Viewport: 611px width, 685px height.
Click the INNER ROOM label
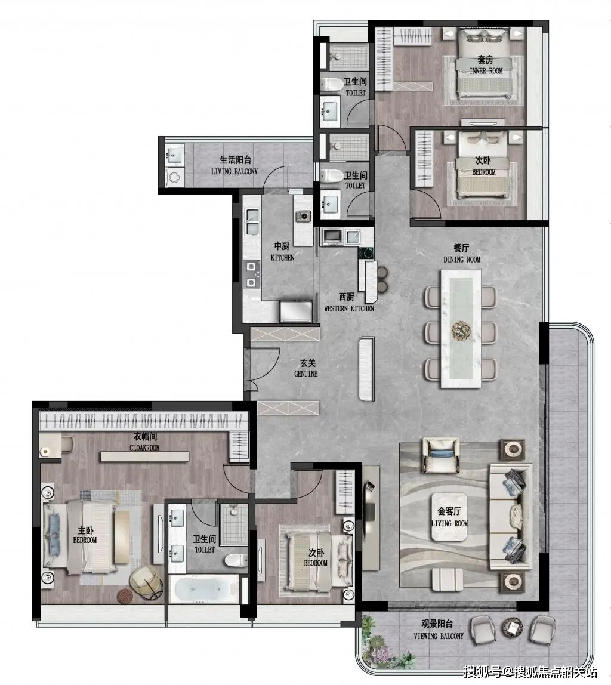click(486, 71)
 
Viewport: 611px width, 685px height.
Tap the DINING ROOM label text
click(462, 260)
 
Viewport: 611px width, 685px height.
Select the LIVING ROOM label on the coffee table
click(449, 523)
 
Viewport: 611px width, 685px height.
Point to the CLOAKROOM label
click(144, 448)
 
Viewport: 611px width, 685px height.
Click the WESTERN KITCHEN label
click(349, 308)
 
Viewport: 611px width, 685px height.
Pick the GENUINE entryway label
click(305, 374)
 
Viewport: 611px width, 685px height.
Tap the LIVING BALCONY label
click(234, 172)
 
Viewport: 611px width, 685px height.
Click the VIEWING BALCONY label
click(439, 636)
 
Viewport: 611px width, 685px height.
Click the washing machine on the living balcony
click(175, 178)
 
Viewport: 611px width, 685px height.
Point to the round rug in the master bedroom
click(125, 596)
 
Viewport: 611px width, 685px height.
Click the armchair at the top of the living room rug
click(440, 455)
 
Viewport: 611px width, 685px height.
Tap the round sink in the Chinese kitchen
click(303, 215)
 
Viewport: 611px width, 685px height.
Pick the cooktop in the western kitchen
click(366, 252)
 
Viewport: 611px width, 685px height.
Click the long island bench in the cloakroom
click(145, 456)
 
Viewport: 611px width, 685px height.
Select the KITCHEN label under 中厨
click(283, 258)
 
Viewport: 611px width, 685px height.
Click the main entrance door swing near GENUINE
click(264, 365)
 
